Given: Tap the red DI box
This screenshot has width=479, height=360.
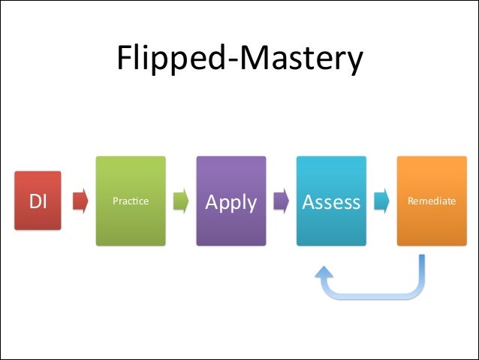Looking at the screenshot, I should tap(38, 201).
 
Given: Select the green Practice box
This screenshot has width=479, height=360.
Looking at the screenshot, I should tap(131, 201).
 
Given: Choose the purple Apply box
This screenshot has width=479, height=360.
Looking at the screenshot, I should tap(231, 201).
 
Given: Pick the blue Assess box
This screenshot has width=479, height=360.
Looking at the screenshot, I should tap(331, 201).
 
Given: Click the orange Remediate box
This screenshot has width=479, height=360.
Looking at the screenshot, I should tap(431, 201).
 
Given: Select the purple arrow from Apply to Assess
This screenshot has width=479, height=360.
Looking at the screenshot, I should tap(282, 201).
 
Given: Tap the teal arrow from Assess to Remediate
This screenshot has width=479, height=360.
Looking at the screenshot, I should tap(381, 201).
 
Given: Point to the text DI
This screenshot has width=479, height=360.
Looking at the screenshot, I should tap(38, 201).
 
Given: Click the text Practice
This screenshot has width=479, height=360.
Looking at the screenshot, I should tap(131, 201).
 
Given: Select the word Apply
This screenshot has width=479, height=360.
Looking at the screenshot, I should tap(231, 202).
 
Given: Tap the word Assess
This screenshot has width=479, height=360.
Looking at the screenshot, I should tap(331, 202).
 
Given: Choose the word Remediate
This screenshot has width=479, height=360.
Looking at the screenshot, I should tap(431, 201).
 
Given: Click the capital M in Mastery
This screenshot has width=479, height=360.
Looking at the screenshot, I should tap(247, 59).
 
